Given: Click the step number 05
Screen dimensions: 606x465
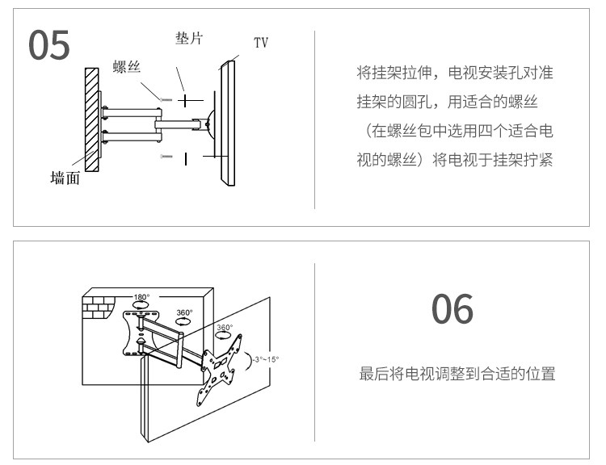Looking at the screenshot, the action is pos(50,46).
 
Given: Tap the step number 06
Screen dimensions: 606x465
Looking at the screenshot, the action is pos(452,309).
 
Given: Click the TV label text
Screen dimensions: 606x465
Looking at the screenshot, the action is pos(260,42).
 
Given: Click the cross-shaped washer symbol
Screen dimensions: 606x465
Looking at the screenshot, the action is pos(187,100).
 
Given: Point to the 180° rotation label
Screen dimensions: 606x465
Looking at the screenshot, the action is pos(141,297).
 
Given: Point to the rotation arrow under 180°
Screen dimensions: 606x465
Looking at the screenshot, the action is pos(141,307).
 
